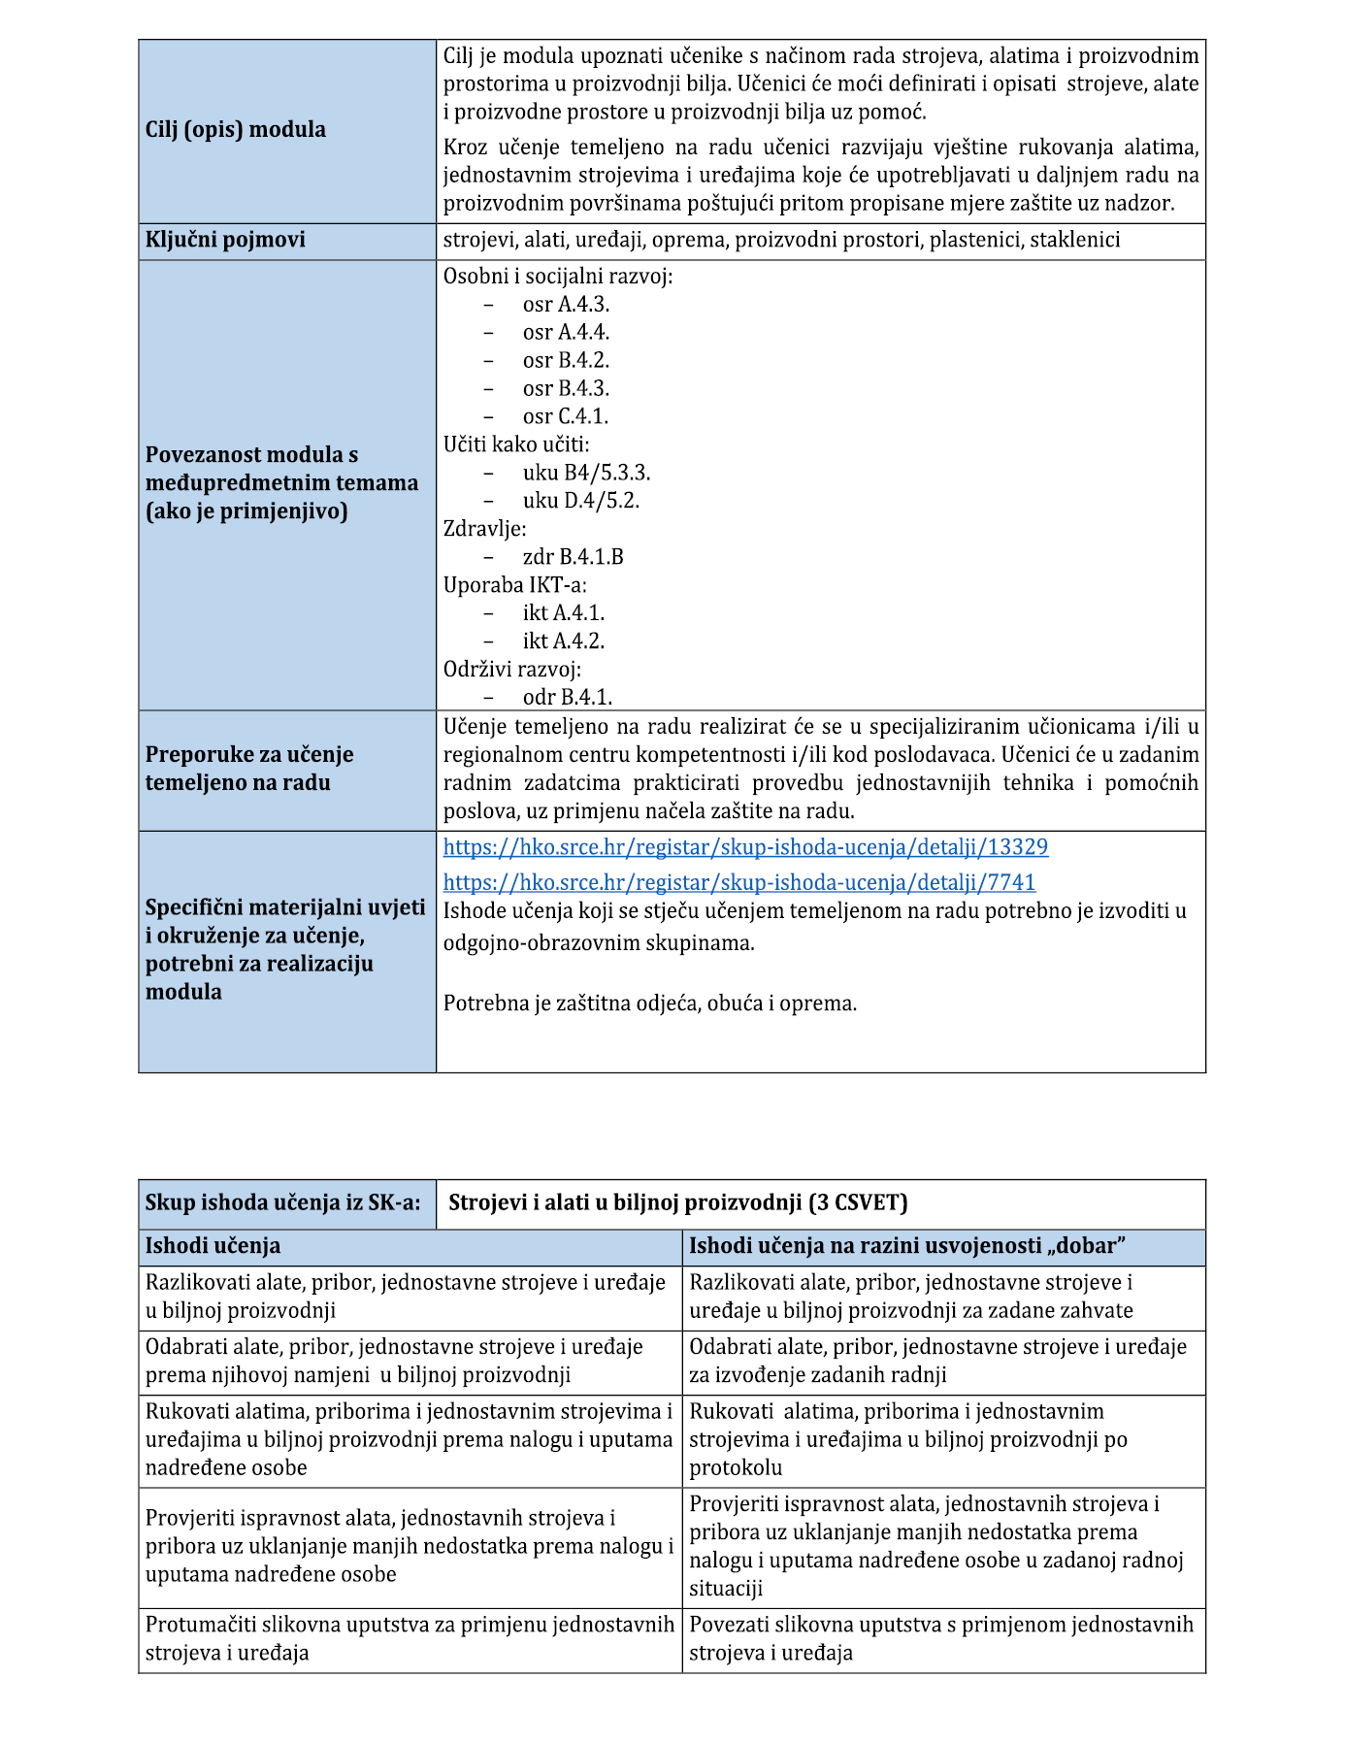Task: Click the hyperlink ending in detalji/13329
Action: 745,847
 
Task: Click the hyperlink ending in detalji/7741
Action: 739,882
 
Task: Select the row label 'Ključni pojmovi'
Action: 225,240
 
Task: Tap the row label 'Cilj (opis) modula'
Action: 236,129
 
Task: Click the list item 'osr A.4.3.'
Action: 566,305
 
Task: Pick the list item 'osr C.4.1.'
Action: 565,416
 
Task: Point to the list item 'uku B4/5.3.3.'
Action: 586,473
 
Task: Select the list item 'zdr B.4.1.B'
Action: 573,557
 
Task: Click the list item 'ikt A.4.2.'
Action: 563,642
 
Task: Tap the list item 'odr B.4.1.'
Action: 567,698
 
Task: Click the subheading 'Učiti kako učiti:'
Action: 516,444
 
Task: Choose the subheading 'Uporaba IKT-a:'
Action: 515,585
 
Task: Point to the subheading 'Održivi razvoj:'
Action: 512,670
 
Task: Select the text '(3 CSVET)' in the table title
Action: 858,1203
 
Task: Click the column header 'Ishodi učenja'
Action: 213,1246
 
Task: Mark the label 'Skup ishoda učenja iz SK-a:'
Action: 283,1203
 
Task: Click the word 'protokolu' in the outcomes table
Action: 736,1467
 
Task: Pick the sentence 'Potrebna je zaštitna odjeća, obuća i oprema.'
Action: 650,1004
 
